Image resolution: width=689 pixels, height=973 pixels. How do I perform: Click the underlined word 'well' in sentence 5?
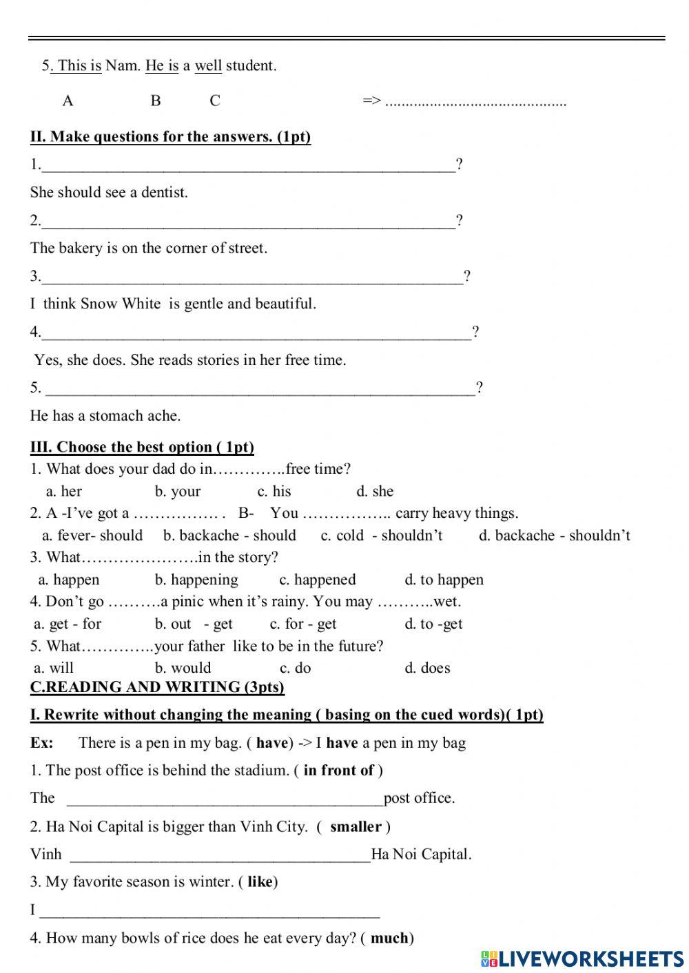(x=208, y=66)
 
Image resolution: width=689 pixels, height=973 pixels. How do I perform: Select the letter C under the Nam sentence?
(x=215, y=101)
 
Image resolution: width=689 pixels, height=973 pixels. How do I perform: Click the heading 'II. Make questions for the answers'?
(x=170, y=137)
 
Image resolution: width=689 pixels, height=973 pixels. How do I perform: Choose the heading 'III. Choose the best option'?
(x=142, y=448)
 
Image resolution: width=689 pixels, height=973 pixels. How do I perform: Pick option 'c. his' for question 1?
(x=274, y=492)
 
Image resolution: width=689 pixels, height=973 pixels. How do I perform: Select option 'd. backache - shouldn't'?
(x=555, y=536)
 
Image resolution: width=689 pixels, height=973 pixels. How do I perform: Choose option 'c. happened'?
(x=318, y=580)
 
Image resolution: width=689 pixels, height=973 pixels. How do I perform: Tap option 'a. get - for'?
(x=68, y=625)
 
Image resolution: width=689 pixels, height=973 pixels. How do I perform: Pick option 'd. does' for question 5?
(x=427, y=668)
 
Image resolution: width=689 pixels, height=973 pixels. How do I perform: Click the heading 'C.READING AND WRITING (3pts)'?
(x=157, y=687)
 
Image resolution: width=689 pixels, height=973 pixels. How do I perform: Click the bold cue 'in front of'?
(x=338, y=771)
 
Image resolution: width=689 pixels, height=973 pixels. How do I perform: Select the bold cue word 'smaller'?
(x=356, y=827)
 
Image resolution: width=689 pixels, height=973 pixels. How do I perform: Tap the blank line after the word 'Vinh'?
(x=220, y=856)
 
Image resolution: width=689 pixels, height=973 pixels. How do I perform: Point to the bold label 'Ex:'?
(x=42, y=743)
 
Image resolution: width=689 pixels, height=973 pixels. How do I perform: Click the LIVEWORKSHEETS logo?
(x=582, y=958)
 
